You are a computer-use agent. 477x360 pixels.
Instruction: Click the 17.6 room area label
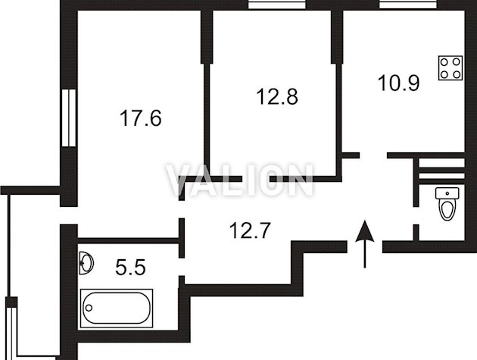141,118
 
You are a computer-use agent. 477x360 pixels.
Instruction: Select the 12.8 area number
277,96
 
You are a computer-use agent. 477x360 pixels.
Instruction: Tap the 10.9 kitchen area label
399,83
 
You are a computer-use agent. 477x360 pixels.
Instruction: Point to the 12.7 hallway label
250,230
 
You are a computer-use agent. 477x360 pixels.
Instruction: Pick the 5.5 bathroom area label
130,268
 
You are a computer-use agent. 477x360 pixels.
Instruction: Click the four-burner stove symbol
450,68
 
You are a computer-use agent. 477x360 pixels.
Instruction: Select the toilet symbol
447,203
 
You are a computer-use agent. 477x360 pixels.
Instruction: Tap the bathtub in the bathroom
117,308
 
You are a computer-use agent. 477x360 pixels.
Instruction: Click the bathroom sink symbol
86,263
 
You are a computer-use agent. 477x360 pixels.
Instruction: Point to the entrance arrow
365,244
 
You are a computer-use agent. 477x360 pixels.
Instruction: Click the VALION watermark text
239,180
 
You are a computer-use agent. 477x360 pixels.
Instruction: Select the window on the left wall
68,118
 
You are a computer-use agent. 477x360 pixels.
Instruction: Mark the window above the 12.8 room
276,5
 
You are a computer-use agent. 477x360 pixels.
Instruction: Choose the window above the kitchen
408,5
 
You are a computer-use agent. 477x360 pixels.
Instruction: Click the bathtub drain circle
89,308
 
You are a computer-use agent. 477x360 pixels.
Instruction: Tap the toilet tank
447,193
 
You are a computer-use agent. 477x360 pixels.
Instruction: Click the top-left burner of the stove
444,62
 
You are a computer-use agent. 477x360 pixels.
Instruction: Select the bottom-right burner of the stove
457,74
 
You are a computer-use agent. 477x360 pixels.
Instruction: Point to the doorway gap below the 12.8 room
256,179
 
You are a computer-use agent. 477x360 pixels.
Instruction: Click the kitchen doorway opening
373,155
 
